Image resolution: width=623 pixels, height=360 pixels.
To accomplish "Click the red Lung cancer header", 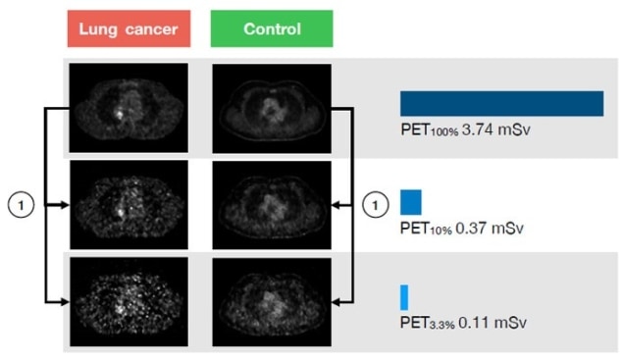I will (x=128, y=29).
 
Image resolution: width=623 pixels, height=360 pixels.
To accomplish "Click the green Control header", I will (x=272, y=29).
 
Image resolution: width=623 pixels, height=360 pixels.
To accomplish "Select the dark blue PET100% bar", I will (x=500, y=104).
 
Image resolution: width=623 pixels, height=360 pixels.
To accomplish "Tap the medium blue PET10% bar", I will (x=410, y=202).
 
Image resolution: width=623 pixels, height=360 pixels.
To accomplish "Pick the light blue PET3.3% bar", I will (x=403, y=296).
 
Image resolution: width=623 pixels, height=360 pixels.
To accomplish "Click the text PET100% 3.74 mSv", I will (x=457, y=129).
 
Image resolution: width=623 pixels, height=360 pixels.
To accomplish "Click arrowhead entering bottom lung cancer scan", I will (x=64, y=298).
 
